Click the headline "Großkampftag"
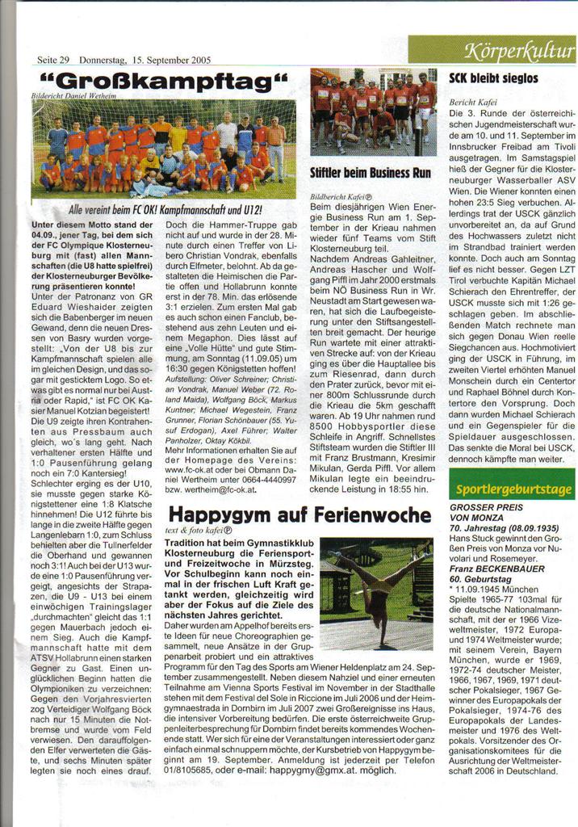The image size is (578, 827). (161, 82)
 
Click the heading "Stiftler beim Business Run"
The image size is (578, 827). (371, 173)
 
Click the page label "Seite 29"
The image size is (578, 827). (53, 60)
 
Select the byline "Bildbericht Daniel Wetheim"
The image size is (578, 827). (73, 95)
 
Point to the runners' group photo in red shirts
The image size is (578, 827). (373, 112)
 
